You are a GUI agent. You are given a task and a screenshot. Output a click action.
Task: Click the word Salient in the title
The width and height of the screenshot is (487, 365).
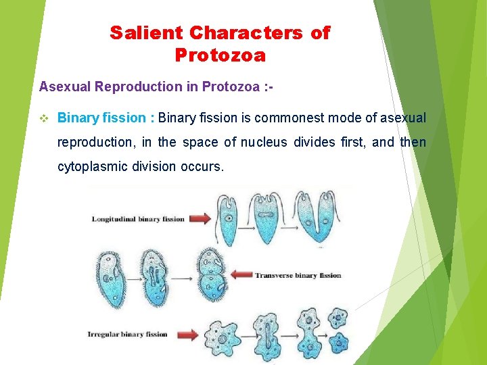140,33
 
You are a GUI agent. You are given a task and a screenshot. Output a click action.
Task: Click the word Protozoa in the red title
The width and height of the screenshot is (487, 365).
220,55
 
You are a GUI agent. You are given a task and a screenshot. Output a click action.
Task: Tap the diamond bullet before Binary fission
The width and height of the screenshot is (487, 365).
45,118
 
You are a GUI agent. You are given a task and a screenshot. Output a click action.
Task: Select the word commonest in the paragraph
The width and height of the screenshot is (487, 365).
289,118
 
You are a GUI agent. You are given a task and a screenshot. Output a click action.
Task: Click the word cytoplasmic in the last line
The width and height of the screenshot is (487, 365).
92,166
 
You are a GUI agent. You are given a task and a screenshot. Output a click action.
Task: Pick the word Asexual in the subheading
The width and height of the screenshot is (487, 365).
65,87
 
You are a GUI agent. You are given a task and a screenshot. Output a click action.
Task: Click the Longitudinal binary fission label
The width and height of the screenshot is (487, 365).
138,219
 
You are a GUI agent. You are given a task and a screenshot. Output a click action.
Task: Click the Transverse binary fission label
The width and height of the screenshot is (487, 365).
298,275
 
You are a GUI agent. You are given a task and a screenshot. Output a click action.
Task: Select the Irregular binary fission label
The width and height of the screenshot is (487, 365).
127,334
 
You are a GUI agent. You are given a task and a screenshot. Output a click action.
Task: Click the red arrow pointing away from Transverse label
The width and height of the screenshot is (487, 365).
241,275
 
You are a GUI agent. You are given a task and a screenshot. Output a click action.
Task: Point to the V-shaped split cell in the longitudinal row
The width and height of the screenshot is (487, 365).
317,220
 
